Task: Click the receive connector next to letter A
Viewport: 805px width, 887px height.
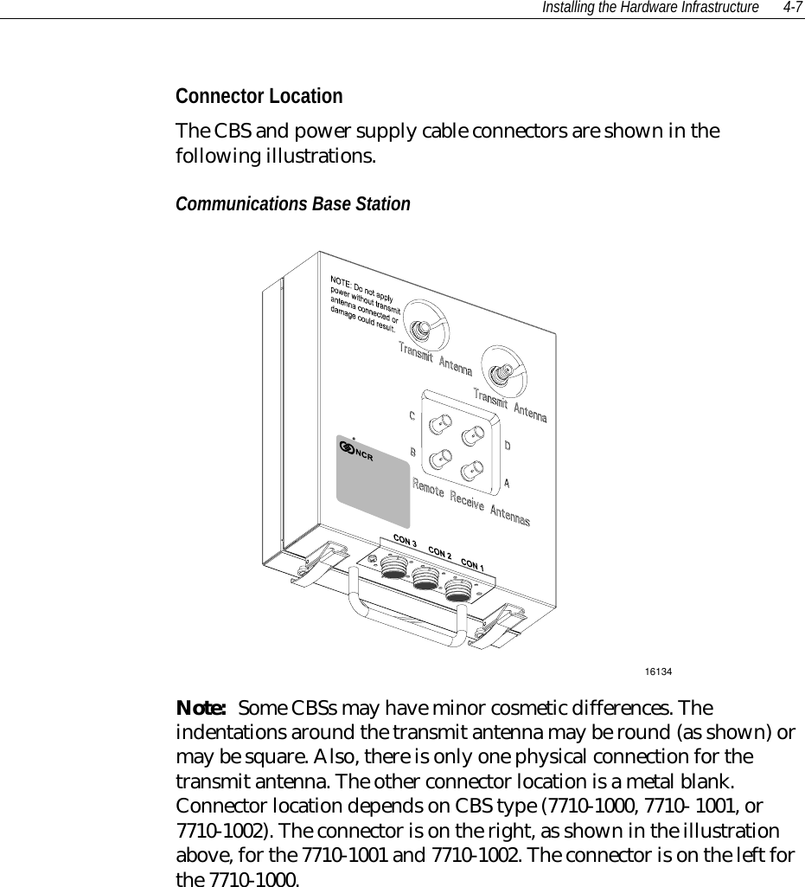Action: (x=471, y=472)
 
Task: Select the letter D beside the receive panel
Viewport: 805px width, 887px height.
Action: (x=508, y=446)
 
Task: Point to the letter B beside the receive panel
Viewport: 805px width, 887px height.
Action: (x=412, y=453)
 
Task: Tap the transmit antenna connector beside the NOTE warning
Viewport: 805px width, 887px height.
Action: (x=422, y=328)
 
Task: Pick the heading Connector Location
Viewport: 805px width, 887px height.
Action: (x=259, y=95)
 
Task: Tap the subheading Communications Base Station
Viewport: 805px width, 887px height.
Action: (x=293, y=204)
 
